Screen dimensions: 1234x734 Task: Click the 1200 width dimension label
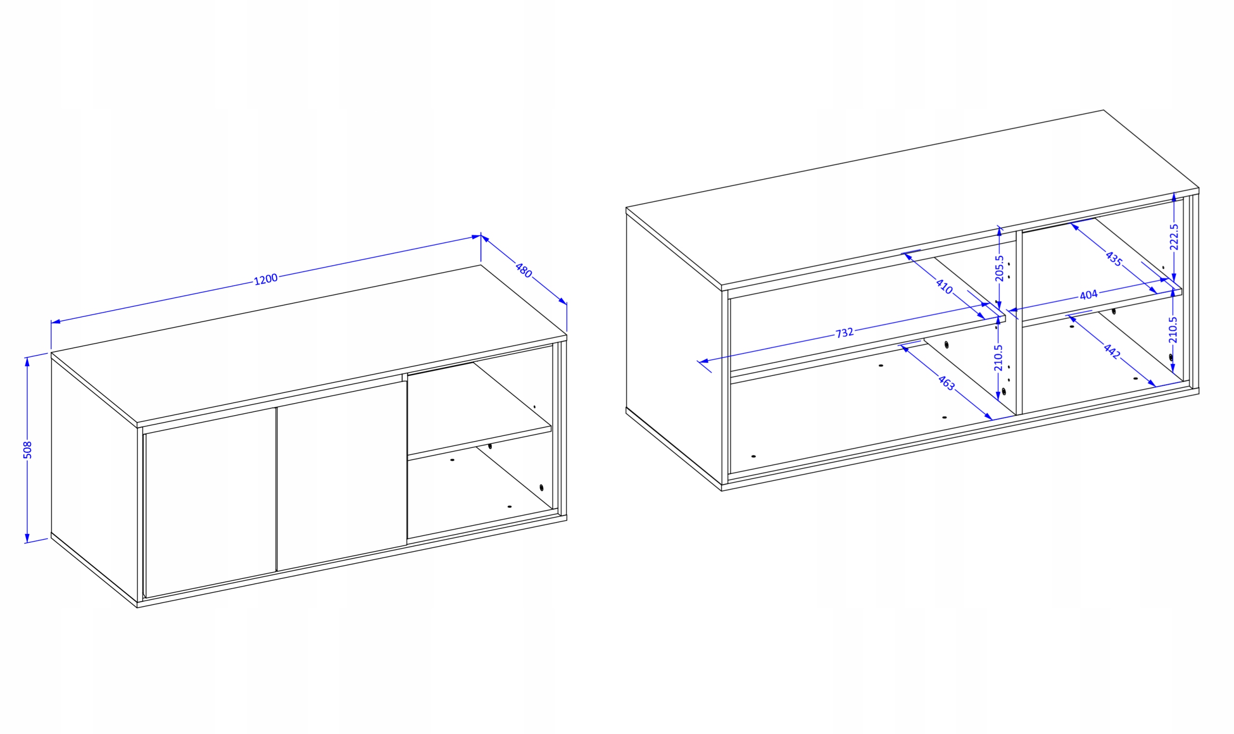[x=266, y=279]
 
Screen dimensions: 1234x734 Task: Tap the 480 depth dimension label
[x=523, y=270]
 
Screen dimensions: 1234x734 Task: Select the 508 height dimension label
[x=28, y=450]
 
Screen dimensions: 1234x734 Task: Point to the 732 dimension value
[x=845, y=333]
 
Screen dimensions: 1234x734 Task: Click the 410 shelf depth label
[x=944, y=287]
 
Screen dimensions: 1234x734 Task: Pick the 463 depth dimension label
[x=946, y=382]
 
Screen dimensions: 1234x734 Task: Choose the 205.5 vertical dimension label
[x=999, y=268]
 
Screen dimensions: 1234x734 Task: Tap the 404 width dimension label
[x=1088, y=295]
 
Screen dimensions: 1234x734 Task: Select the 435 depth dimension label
[x=1113, y=259]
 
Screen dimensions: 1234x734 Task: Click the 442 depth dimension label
[x=1112, y=351]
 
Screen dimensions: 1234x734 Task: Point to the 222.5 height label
[x=1174, y=237]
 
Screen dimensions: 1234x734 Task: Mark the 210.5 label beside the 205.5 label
[x=998, y=358]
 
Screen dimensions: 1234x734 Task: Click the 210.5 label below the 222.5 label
[x=1173, y=330]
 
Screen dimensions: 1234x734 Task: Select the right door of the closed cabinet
[x=342, y=476]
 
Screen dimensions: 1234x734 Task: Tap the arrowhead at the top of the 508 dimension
[x=27, y=362]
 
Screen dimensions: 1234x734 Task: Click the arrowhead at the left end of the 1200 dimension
[x=55, y=322]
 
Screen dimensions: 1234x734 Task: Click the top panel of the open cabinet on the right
[x=912, y=198]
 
